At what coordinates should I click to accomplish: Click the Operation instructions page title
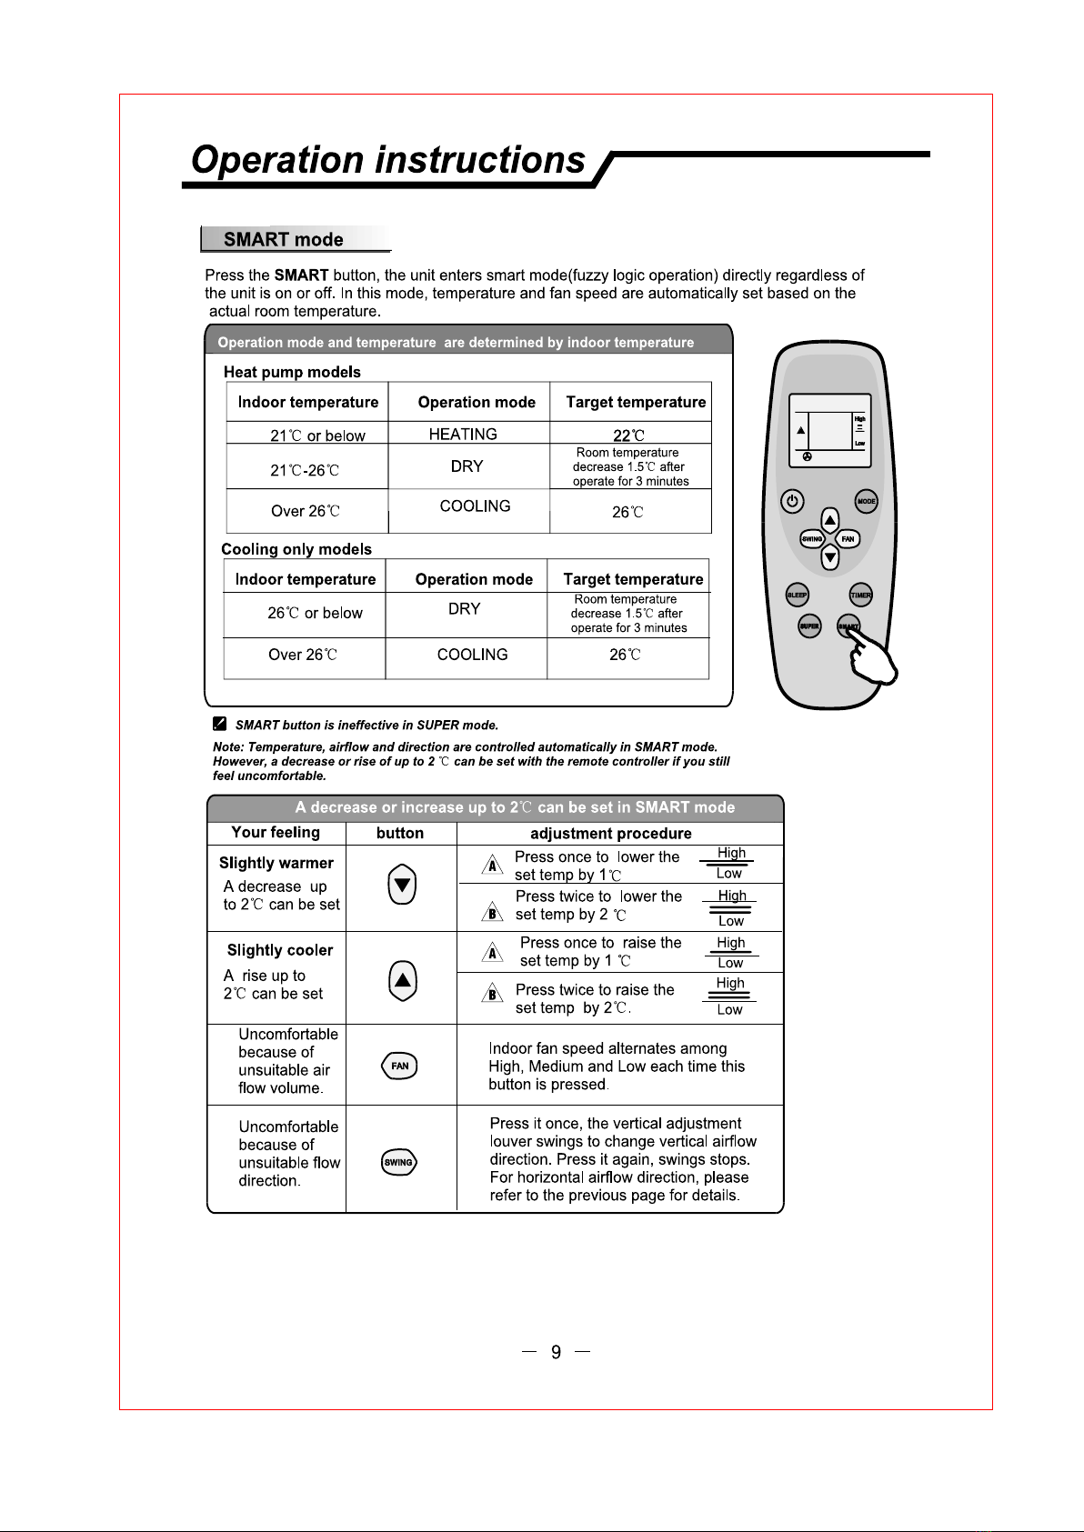[x=388, y=160]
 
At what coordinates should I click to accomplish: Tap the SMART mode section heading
[x=283, y=240]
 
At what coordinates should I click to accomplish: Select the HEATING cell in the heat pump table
[x=463, y=435]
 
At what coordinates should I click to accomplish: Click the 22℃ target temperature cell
[x=628, y=436]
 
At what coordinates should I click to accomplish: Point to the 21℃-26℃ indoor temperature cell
[x=305, y=470]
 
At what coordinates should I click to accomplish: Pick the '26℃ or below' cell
[x=315, y=614]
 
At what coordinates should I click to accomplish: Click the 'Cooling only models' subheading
[x=296, y=549]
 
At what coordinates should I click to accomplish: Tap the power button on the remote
[x=793, y=501]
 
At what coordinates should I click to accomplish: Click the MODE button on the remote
[x=866, y=501]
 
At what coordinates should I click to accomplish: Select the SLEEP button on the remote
[x=798, y=595]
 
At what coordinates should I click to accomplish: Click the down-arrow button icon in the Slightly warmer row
[x=402, y=886]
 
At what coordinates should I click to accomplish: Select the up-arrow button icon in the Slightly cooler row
[x=402, y=980]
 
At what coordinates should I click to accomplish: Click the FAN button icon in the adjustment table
[x=400, y=1066]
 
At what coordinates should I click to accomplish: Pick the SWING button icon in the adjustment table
[x=399, y=1162]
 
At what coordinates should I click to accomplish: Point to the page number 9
[x=557, y=1352]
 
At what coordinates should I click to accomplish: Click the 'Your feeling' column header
[x=276, y=833]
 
